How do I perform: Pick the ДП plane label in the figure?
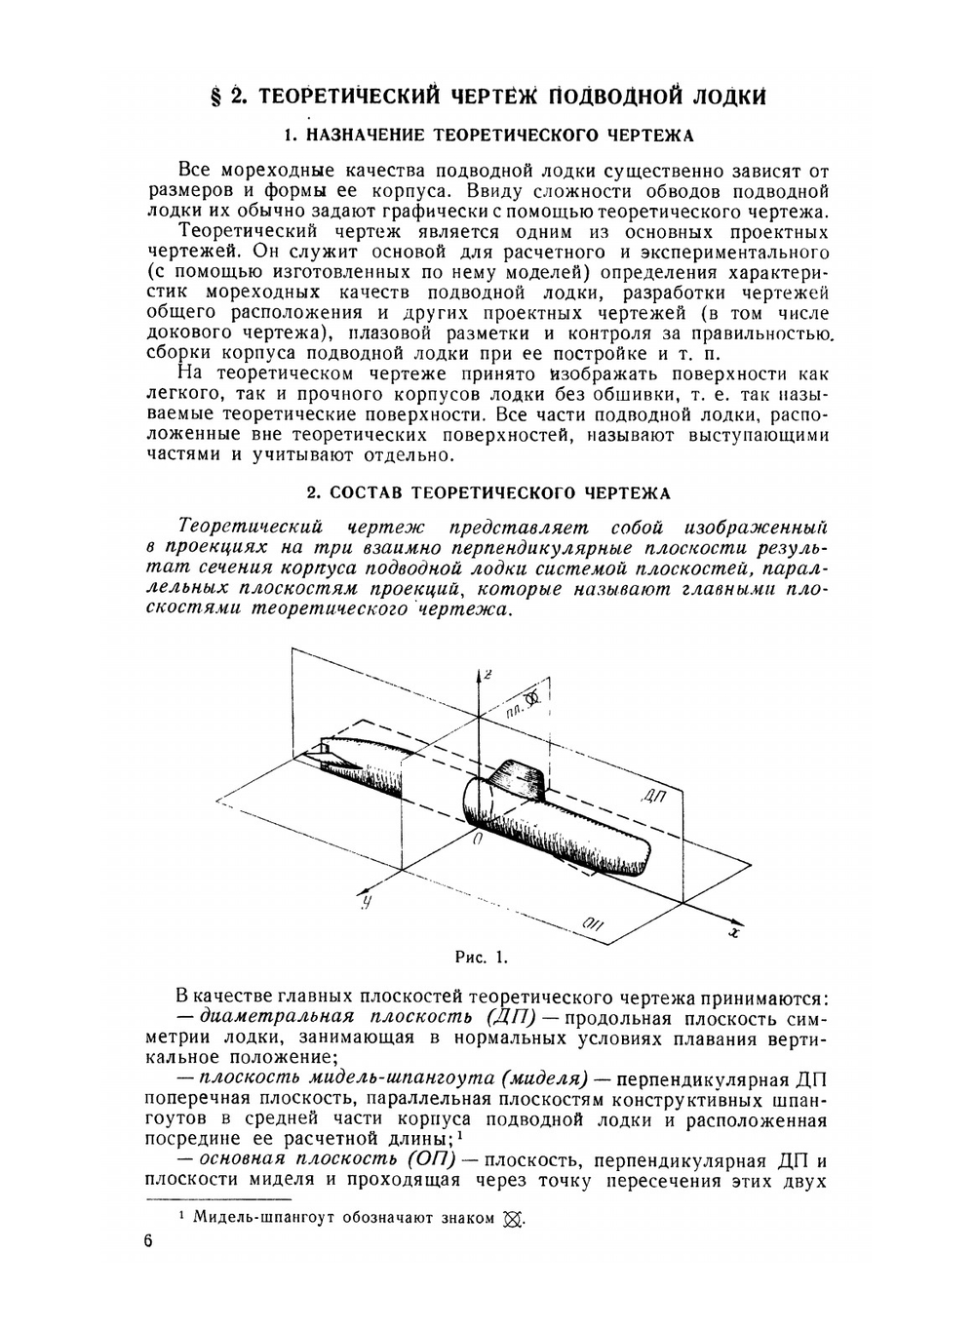653,796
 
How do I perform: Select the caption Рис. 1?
482,957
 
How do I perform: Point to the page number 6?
148,1241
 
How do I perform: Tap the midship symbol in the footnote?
514,1219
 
